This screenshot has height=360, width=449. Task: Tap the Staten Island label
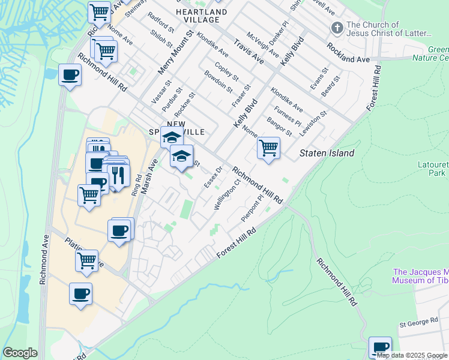point(327,153)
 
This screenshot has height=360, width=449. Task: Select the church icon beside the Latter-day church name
point(337,28)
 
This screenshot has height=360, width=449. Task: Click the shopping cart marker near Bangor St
point(268,148)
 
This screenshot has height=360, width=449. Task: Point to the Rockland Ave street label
point(348,53)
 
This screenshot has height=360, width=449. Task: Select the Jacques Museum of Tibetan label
point(420,276)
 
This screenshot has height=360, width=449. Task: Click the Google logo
point(20,353)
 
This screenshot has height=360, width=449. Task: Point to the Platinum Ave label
point(84,253)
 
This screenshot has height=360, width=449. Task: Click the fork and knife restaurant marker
point(118,175)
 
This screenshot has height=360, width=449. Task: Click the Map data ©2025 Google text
point(411,355)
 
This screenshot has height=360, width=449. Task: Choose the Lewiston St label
point(315,122)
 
